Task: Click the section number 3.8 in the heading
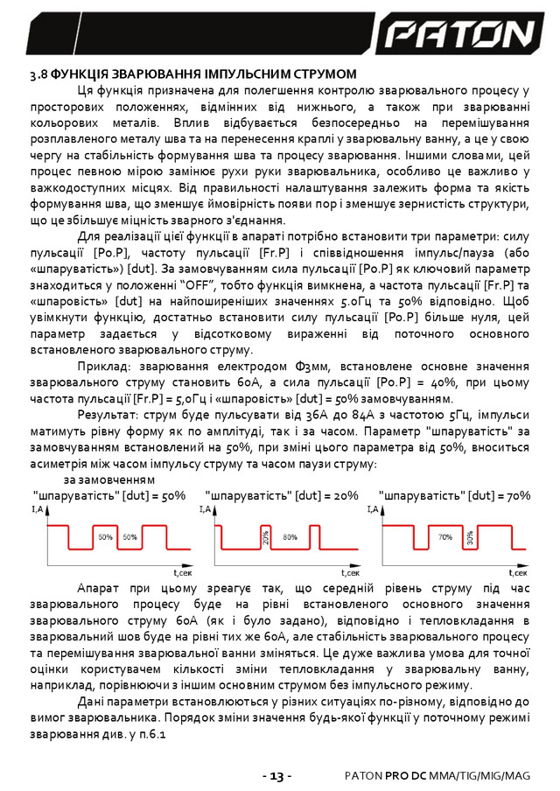pos(39,74)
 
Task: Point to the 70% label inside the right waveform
pos(444,535)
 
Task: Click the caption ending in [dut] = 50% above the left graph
pos(109,494)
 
